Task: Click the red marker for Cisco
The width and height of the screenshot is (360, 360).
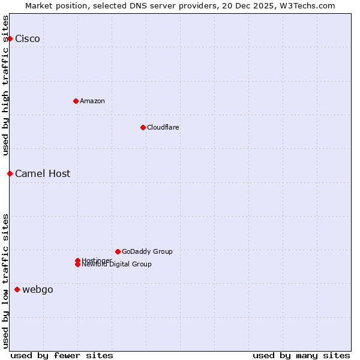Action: click(10, 39)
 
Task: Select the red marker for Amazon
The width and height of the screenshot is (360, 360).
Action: click(76, 101)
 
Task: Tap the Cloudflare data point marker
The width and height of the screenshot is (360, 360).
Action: click(143, 127)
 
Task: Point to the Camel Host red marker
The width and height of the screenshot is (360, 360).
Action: click(10, 173)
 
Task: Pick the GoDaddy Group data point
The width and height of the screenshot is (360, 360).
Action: click(118, 251)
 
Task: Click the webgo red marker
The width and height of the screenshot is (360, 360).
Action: click(17, 289)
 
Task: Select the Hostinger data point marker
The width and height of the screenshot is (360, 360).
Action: click(77, 260)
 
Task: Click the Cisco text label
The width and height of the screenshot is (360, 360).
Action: click(28, 39)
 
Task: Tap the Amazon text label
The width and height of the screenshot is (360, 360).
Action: click(92, 101)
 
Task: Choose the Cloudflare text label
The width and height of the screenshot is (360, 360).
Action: click(163, 127)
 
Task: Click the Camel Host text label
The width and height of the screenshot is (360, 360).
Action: click(43, 173)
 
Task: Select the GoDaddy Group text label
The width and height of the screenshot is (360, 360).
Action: click(146, 251)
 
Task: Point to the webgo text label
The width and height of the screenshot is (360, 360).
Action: click(38, 289)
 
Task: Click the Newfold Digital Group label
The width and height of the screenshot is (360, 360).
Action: click(116, 265)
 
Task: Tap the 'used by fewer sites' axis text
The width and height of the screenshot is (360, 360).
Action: click(62, 355)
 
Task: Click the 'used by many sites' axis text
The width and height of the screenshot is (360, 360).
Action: click(301, 355)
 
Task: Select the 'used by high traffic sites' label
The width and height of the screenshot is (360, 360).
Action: click(5, 86)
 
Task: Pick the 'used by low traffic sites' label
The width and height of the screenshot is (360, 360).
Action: click(5, 281)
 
